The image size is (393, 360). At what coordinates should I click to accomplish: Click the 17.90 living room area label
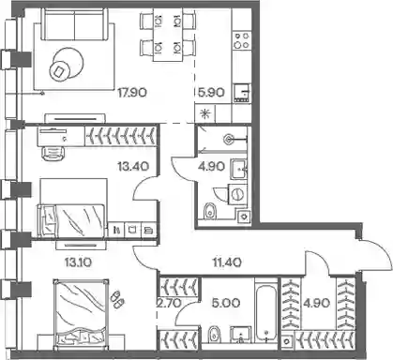(132, 93)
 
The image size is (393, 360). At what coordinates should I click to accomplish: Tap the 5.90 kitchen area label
(211, 93)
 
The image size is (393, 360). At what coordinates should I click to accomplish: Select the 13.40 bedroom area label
(133, 166)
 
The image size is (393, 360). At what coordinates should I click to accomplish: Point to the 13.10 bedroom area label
(78, 262)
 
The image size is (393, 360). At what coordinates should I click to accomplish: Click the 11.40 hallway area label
(227, 262)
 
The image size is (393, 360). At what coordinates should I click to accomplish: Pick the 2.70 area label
(168, 303)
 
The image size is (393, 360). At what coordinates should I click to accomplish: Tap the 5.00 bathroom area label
(225, 303)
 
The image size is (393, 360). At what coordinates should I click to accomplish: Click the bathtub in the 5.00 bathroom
(265, 313)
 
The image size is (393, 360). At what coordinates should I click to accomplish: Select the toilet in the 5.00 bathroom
(214, 335)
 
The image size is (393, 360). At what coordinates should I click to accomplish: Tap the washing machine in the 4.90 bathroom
(237, 194)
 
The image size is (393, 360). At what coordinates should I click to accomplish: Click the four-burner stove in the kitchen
(242, 40)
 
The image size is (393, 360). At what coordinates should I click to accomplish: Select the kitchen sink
(242, 93)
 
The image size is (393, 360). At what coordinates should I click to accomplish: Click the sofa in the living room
(74, 24)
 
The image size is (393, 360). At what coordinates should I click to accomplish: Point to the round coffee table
(68, 65)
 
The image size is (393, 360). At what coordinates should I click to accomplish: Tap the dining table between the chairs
(168, 35)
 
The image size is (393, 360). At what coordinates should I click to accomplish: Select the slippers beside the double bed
(117, 299)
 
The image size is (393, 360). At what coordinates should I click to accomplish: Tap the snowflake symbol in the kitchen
(205, 113)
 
